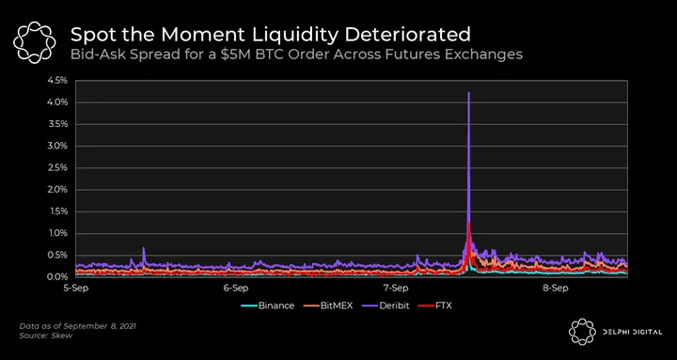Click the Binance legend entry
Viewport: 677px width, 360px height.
pyautogui.click(x=267, y=306)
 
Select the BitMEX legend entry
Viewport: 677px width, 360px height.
pyautogui.click(x=327, y=306)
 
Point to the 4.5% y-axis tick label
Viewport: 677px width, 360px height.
pyautogui.click(x=59, y=81)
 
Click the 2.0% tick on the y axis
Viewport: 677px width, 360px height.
pyautogui.click(x=59, y=190)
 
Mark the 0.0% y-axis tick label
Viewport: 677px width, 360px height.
pyautogui.click(x=59, y=277)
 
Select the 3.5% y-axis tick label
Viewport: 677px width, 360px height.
pyautogui.click(x=59, y=124)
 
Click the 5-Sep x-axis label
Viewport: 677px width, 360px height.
pyautogui.click(x=76, y=288)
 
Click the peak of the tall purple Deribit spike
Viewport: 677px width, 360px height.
pyautogui.click(x=468, y=92)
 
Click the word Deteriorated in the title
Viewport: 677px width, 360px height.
pyautogui.click(x=407, y=35)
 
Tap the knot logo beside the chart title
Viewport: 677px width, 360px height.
pyautogui.click(x=35, y=42)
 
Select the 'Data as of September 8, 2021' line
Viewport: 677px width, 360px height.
pyautogui.click(x=78, y=326)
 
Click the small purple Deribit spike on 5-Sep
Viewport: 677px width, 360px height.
pyautogui.click(x=144, y=249)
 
